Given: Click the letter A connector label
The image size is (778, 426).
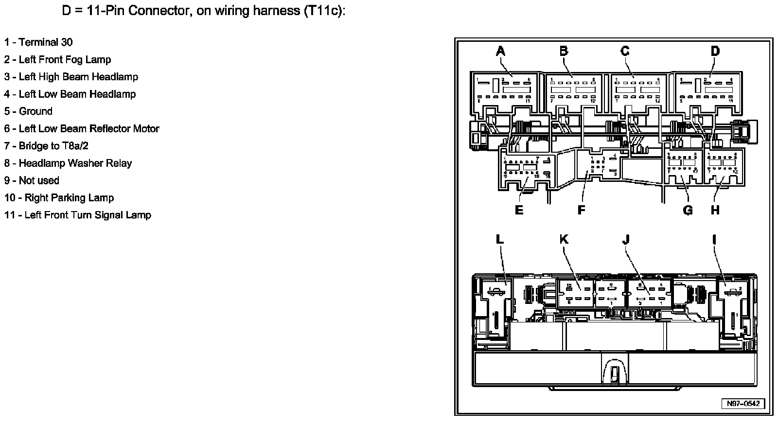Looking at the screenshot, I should point(500,51).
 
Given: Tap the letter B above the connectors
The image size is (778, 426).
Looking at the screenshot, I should point(564,51).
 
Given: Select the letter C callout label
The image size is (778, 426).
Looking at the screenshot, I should point(625,51).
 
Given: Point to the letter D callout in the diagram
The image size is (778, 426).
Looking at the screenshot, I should point(715,51).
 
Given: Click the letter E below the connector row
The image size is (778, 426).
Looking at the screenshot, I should point(519,210).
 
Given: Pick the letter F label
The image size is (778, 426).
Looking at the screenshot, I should point(581,210).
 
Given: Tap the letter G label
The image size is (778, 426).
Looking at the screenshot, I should point(688,210).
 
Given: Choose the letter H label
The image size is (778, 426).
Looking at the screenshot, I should point(715,210).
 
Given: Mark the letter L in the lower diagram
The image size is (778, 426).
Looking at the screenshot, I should point(500,239).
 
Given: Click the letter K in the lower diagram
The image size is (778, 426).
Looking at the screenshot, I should point(564,239).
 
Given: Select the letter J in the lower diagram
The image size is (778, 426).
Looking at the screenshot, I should point(626,239).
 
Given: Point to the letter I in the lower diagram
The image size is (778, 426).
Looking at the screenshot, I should point(714,239).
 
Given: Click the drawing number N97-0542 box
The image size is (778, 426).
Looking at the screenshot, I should point(743,404).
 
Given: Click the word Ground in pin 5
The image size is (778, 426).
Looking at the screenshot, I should point(35,111).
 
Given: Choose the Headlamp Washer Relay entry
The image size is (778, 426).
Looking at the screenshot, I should point(75,163).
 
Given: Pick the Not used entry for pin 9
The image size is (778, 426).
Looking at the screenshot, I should point(38,180).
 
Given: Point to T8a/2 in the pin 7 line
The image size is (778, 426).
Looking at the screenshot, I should point(74,146).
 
